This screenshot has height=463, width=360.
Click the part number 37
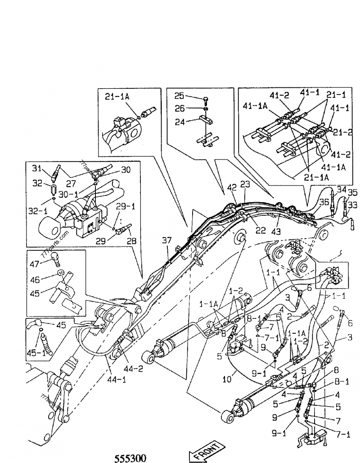tap(166, 241)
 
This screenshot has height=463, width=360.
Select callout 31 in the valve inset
tap(36, 168)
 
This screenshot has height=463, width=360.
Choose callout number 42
tap(232, 187)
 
